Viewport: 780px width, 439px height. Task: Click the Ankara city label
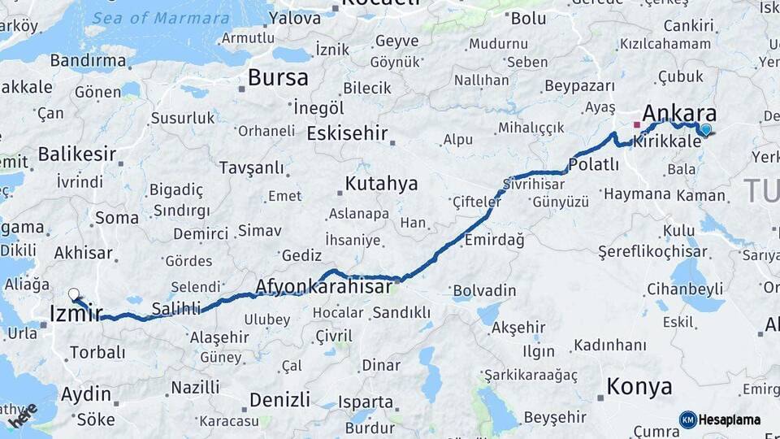click(x=679, y=113)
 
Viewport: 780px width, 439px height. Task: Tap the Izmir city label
click(x=76, y=313)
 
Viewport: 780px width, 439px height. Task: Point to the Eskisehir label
click(x=348, y=133)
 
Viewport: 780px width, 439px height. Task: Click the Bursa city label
click(x=278, y=78)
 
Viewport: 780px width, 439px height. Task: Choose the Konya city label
click(x=639, y=386)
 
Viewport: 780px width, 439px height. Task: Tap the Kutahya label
click(x=381, y=184)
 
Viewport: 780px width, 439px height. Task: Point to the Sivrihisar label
click(x=533, y=183)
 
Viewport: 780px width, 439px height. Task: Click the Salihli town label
click(x=176, y=308)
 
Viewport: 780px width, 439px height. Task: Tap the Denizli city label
click(x=279, y=400)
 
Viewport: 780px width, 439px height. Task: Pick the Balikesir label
click(x=77, y=153)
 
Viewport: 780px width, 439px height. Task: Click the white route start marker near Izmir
click(x=74, y=294)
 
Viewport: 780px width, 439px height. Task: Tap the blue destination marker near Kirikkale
click(x=705, y=128)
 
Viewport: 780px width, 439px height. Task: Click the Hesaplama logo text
click(x=729, y=419)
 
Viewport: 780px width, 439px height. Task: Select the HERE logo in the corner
click(x=23, y=414)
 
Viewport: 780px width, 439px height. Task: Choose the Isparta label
click(x=366, y=402)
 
